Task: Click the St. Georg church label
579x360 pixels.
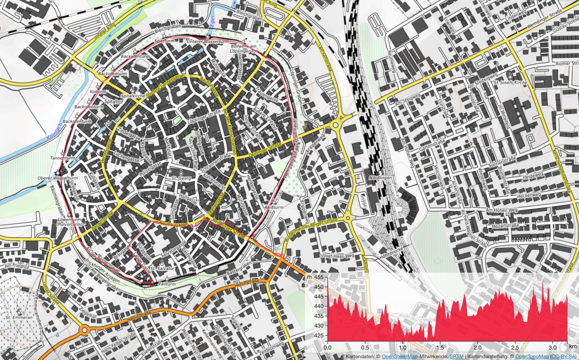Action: pyautogui.click(x=181, y=178)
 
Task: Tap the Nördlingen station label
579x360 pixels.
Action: pyautogui.click(x=381, y=178)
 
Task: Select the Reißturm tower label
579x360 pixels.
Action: pyautogui.click(x=274, y=207)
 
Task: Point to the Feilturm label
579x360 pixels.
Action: pyautogui.click(x=168, y=284)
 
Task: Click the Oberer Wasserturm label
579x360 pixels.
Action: pyautogui.click(x=58, y=178)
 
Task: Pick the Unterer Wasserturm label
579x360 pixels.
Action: pyautogui.click(x=208, y=41)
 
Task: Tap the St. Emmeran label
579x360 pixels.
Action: pyautogui.click(x=19, y=317)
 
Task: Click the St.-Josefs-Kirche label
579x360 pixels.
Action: pyautogui.click(x=510, y=82)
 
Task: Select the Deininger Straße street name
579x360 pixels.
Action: pyautogui.click(x=265, y=149)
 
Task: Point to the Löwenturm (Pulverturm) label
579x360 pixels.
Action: pyautogui.click(x=69, y=222)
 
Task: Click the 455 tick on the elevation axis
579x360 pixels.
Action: pyautogui.click(x=319, y=277)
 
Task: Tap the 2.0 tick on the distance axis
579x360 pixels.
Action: pyautogui.click(x=477, y=347)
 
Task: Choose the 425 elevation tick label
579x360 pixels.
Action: pyautogui.click(x=319, y=335)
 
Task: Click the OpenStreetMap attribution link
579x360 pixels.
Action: pyautogui.click(x=400, y=357)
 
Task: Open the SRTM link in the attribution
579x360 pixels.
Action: pyautogui.click(x=457, y=357)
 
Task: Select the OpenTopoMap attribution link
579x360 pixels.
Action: pyautogui.click(x=532, y=357)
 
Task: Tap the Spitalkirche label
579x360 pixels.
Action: pyautogui.click(x=133, y=95)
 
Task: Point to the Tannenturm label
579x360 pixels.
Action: pyautogui.click(x=63, y=158)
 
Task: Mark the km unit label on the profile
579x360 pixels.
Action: pyautogui.click(x=572, y=347)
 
